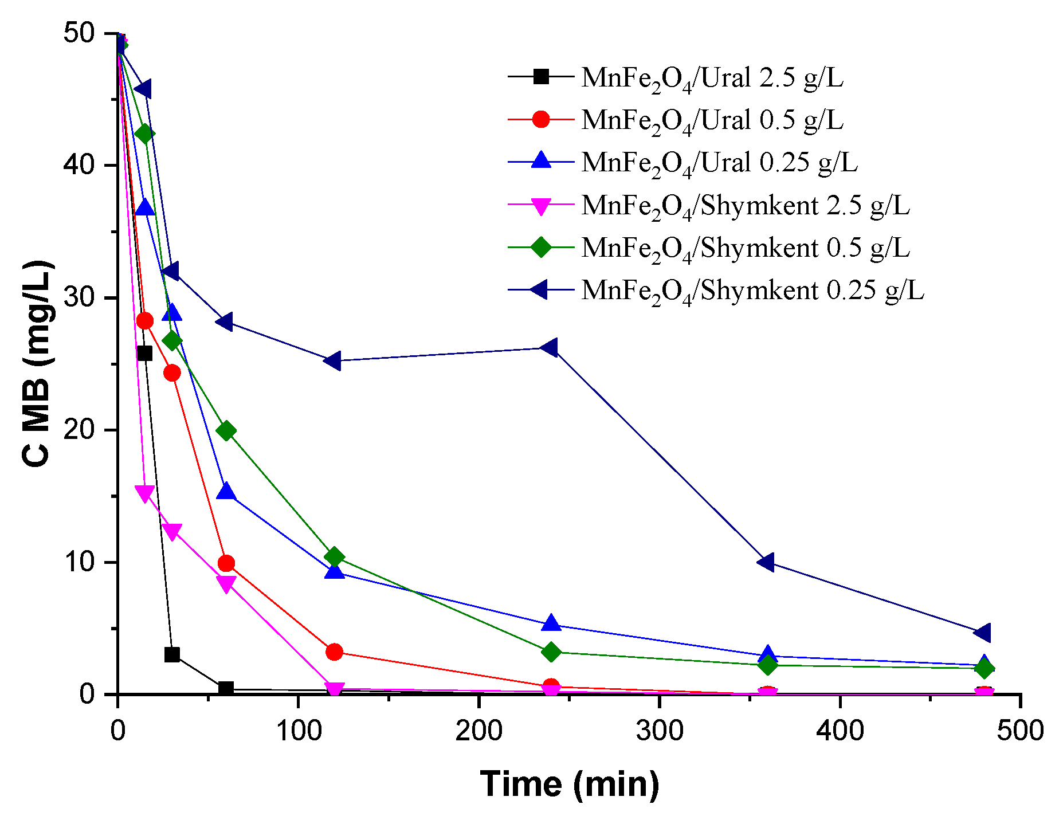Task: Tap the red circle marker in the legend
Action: (541, 119)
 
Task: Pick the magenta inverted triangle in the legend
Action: (541, 206)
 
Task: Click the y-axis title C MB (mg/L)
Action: (37, 364)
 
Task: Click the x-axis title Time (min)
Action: (570, 783)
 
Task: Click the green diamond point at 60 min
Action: (226, 430)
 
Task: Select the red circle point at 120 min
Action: (334, 652)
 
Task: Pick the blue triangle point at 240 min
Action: (551, 623)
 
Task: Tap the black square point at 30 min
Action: (172, 654)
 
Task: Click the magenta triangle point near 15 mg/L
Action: (144, 493)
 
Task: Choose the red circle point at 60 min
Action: (226, 563)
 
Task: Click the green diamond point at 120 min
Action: (334, 556)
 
